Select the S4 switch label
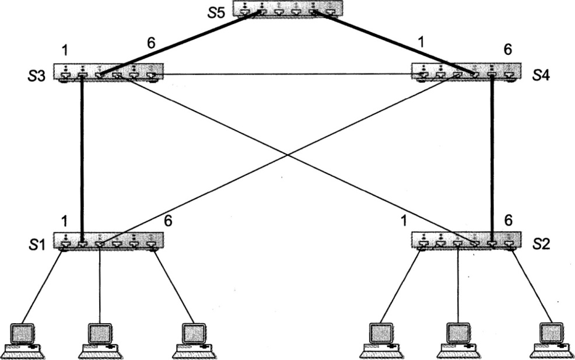point(541,76)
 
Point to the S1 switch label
point(37,245)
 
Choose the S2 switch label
point(542,244)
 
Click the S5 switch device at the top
point(288,9)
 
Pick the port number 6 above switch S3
point(151,44)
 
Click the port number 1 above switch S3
point(65,51)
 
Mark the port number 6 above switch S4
point(508,50)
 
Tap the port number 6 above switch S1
point(167,221)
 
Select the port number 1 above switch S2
point(404,221)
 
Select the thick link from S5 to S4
point(394,43)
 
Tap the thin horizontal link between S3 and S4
point(288,75)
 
